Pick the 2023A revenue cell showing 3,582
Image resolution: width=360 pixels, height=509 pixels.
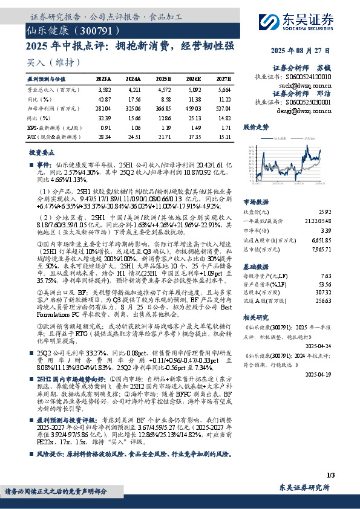pos(105,89)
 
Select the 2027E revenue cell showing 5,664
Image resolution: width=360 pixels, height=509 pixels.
pos(223,89)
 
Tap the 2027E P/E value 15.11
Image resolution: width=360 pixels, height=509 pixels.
pos(223,137)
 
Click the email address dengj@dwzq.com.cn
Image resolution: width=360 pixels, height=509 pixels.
pos(309,111)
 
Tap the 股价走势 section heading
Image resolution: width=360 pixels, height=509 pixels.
pos(255,128)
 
